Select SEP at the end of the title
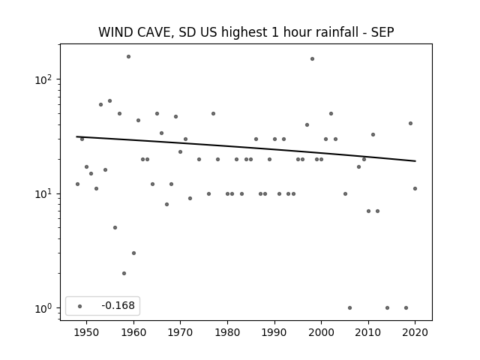point(382,32)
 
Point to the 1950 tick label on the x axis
point(87,332)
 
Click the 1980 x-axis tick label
point(227,332)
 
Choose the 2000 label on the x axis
point(321,332)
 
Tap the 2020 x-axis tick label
point(415,332)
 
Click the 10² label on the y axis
point(43,79)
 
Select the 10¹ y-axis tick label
point(43,193)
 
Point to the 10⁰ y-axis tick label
point(43,308)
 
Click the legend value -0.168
point(118,305)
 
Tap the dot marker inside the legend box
point(80,306)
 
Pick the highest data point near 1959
point(128,57)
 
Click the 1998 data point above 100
point(312,58)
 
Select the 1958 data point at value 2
point(124,273)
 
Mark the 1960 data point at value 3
point(133,253)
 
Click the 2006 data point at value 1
point(350,308)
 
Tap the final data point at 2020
point(415,188)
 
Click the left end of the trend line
point(76,136)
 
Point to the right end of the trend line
point(415,161)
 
